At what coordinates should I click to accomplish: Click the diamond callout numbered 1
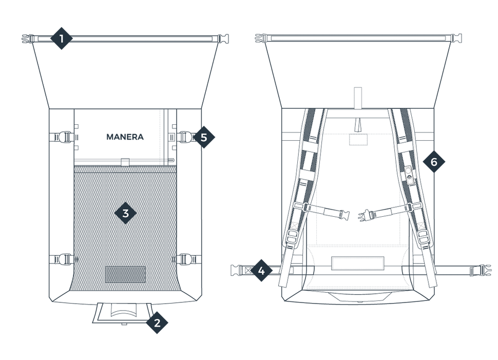point(62,39)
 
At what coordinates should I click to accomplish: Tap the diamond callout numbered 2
point(158,323)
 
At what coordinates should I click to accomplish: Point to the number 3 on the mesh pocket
point(125,214)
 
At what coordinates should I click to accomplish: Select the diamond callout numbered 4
point(261,270)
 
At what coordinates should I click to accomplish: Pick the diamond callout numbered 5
point(204,137)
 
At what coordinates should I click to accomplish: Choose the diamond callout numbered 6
point(433,162)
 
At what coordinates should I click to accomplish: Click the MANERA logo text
point(125,137)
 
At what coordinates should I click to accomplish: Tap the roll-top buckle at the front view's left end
point(27,38)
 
